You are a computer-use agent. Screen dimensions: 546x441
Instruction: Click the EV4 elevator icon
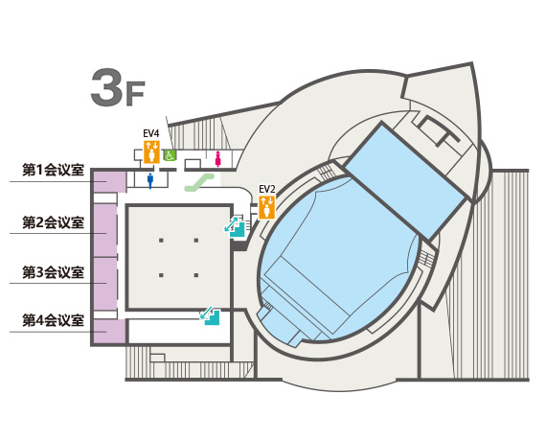click(151, 151)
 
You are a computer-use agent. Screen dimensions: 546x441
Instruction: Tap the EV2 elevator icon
click(267, 207)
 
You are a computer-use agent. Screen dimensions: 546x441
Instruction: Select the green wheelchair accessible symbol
click(171, 155)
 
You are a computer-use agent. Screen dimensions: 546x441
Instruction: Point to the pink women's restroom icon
click(218, 158)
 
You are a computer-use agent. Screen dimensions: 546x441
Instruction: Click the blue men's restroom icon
click(150, 180)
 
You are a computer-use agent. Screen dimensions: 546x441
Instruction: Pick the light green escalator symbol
click(199, 182)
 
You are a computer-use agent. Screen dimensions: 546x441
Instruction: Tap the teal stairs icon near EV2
click(235, 226)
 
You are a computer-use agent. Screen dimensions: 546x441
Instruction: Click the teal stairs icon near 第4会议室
click(210, 315)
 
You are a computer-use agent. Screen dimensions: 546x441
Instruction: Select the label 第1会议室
click(54, 170)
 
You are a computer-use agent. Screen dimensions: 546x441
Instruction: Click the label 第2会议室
click(54, 222)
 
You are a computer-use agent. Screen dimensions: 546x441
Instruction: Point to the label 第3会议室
click(54, 272)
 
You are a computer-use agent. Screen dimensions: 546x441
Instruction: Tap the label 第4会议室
click(54, 320)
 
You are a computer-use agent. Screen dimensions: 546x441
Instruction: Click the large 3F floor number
click(118, 88)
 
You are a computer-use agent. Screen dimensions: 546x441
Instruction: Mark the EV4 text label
click(151, 133)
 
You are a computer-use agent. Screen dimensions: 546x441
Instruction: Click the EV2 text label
click(267, 189)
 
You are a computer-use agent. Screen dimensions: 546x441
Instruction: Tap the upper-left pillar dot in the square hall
click(161, 241)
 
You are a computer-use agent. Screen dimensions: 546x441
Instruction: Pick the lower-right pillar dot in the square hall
click(196, 275)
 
